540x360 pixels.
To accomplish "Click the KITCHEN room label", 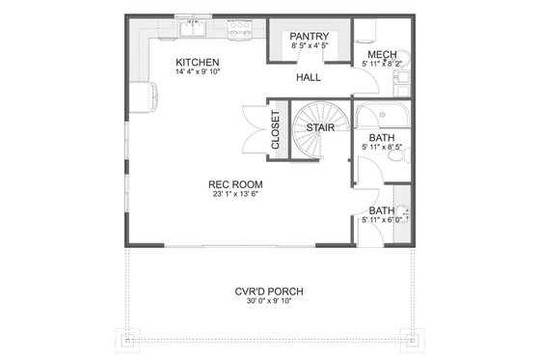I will click(x=197, y=64).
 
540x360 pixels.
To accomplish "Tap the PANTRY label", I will click(x=309, y=36).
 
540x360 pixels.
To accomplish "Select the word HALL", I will click(x=309, y=76).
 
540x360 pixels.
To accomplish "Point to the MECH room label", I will click(x=379, y=54).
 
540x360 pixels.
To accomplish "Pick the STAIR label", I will click(x=320, y=127).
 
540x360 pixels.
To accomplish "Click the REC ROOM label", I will click(x=235, y=183).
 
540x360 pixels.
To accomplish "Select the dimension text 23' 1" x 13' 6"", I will click(x=235, y=194).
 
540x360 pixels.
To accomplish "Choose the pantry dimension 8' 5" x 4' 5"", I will click(x=309, y=46).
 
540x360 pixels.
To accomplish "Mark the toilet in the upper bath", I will click(x=404, y=152).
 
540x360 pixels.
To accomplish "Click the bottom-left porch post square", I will click(x=126, y=339).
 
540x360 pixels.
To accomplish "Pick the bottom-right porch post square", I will click(x=413, y=339).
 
